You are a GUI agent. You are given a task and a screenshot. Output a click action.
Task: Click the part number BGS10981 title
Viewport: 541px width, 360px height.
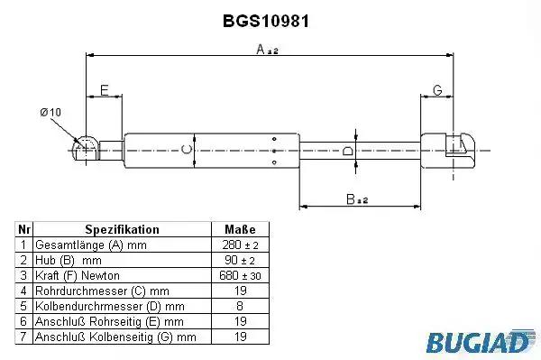click(266, 22)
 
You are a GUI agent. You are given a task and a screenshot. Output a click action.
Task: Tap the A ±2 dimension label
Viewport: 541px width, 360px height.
click(267, 50)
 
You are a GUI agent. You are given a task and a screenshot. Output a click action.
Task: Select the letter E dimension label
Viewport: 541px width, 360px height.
click(105, 90)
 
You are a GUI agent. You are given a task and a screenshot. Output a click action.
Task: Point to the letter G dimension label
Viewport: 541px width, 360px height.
click(437, 90)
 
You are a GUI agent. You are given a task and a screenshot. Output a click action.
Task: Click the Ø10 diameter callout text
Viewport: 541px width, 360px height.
click(50, 112)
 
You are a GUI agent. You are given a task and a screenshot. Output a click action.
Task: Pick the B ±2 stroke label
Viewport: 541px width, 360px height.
click(357, 199)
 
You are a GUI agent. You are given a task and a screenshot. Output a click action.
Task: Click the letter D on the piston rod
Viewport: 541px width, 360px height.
click(347, 151)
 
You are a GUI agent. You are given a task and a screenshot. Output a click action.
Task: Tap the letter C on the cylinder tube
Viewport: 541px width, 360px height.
click(187, 150)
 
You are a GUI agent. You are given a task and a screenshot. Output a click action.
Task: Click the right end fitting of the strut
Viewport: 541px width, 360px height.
click(447, 151)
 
